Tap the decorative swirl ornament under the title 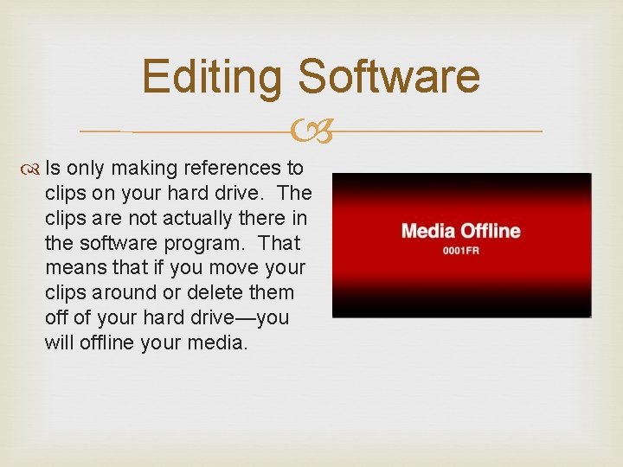tap(311, 131)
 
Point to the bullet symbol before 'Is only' tap(34, 168)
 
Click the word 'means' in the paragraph tap(74, 268)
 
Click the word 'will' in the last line tap(58, 343)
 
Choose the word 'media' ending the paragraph tap(220, 343)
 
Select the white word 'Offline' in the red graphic tap(490, 232)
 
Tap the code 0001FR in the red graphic tap(461, 251)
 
